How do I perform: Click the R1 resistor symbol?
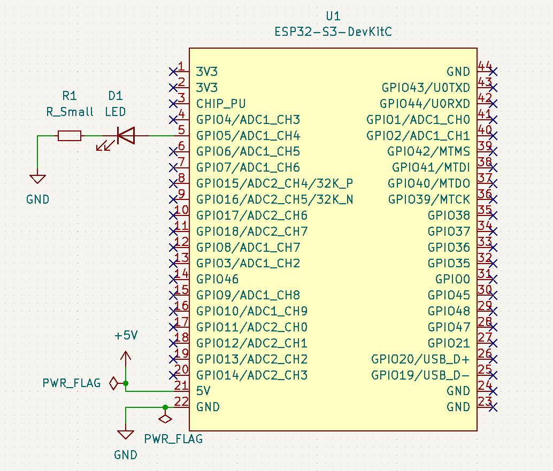click(70, 136)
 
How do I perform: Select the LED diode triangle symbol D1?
click(126, 136)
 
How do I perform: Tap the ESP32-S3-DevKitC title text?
click(333, 32)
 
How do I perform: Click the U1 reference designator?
click(333, 16)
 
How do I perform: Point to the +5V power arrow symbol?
click(126, 357)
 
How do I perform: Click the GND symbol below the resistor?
click(37, 179)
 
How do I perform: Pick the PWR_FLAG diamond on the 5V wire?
click(113, 383)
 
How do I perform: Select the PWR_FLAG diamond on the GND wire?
click(165, 419)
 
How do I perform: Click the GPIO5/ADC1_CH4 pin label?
click(248, 135)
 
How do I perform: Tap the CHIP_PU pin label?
click(221, 103)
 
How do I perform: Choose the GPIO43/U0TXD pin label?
click(426, 87)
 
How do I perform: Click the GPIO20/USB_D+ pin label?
click(420, 359)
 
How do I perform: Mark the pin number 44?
click(485, 66)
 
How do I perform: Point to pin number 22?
click(182, 401)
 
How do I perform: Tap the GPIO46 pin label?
click(217, 279)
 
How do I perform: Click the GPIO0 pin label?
click(452, 279)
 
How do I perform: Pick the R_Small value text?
click(70, 112)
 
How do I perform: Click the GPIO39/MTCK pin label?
click(429, 199)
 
